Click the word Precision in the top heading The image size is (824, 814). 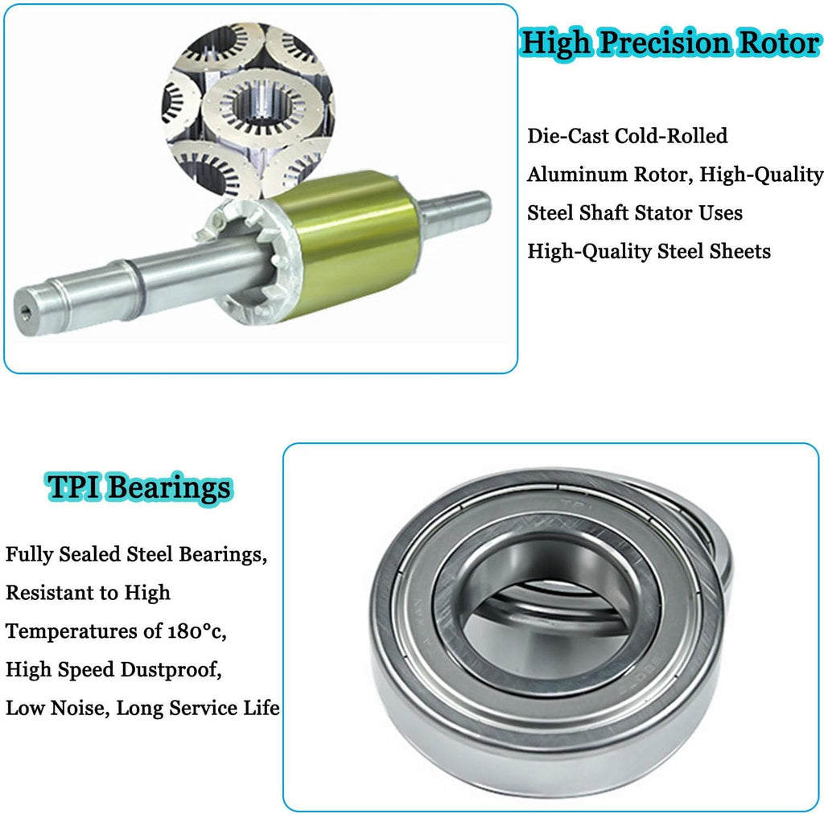(x=665, y=43)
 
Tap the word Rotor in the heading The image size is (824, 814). (x=779, y=43)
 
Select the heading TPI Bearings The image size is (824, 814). (x=139, y=488)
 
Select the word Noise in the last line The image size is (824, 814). (x=80, y=708)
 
